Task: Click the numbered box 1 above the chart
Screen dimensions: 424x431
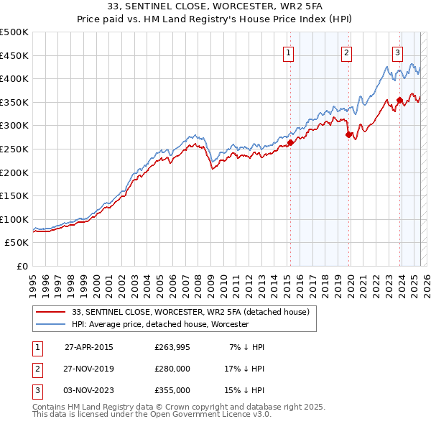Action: coord(288,52)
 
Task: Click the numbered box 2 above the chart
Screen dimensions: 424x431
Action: coord(346,52)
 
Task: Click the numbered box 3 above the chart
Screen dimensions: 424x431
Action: coord(397,52)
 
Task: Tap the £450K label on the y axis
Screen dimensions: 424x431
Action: coord(14,55)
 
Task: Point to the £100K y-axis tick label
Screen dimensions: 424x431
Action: coord(14,219)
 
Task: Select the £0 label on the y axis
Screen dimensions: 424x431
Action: coord(22,266)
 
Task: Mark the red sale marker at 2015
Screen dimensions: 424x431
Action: coord(291,142)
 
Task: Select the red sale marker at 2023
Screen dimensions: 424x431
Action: coord(399,100)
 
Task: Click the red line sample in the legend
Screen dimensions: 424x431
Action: coord(51,312)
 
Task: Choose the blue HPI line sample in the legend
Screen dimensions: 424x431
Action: coord(51,324)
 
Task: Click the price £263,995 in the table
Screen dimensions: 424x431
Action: coord(172,347)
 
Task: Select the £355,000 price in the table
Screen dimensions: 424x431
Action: coord(172,390)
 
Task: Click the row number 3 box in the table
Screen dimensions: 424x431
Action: coord(35,390)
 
